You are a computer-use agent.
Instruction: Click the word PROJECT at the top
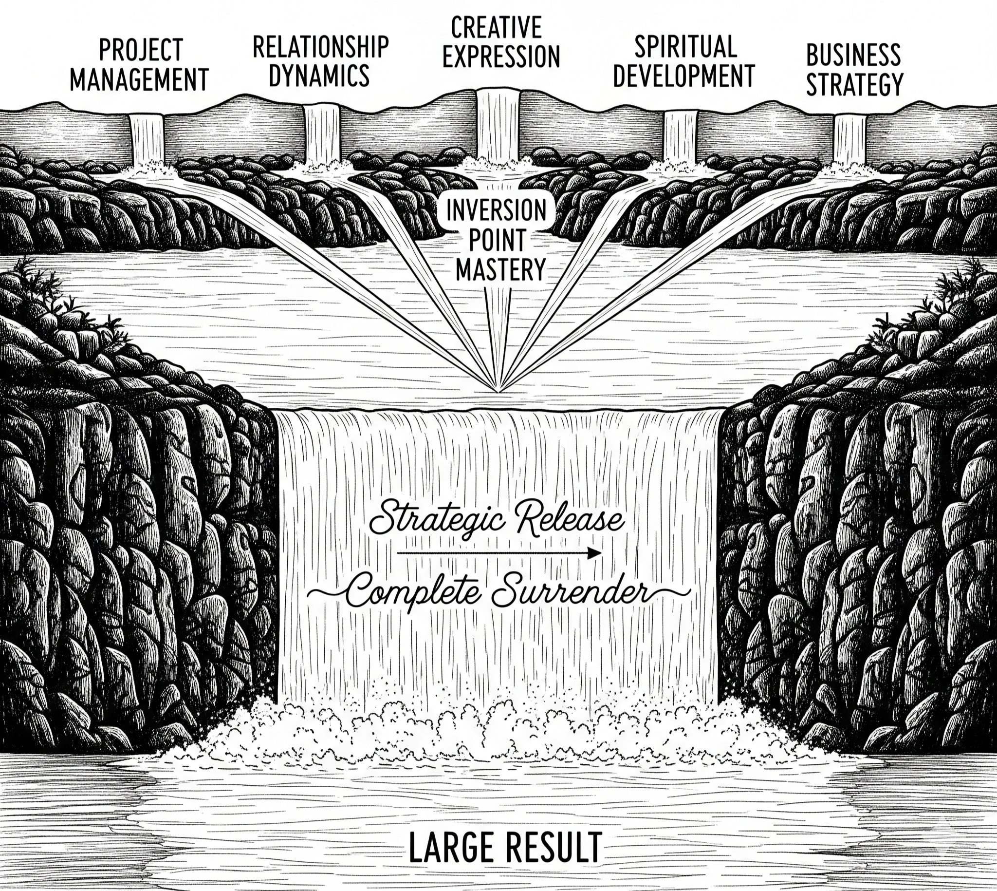(x=141, y=51)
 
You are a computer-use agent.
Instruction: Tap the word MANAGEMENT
(x=139, y=80)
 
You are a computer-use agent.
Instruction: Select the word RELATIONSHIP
(x=320, y=47)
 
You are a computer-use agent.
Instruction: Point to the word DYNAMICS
(x=319, y=75)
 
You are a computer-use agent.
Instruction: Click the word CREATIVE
(x=496, y=27)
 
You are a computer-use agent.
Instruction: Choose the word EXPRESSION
(x=500, y=57)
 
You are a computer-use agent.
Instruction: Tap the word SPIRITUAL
(x=685, y=47)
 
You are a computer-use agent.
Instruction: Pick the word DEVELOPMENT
(x=684, y=76)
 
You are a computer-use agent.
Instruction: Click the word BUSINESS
(x=853, y=56)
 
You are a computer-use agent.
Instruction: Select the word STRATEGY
(x=854, y=84)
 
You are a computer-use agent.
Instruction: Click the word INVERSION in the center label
(x=497, y=211)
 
